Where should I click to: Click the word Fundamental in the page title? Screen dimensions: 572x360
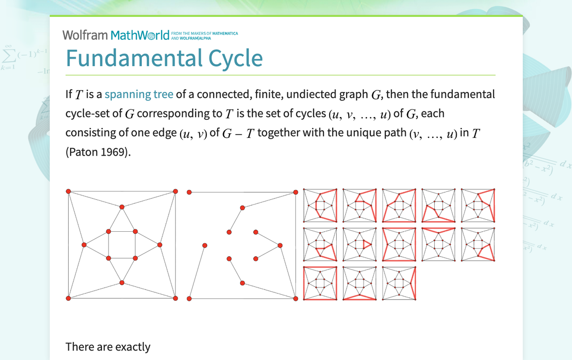tap(134, 58)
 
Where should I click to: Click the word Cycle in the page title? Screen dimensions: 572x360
tap(235, 58)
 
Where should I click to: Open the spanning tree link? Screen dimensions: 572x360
tap(139, 94)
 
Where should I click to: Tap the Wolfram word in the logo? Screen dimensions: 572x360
tap(85, 35)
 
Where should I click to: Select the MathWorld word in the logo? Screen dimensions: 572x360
tap(140, 35)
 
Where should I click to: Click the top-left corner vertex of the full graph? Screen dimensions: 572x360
tap(68, 191)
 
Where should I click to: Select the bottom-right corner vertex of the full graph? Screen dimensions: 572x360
tap(176, 298)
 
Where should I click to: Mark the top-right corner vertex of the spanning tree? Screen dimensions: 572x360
tap(295, 192)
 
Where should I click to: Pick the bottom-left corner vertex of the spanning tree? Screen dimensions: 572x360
tap(189, 299)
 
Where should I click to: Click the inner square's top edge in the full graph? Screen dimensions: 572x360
tap(122, 232)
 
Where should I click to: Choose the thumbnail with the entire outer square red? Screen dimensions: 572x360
tap(320, 283)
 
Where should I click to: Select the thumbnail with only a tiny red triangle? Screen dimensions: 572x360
tap(359, 244)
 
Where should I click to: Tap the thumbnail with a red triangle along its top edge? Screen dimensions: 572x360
tap(438, 244)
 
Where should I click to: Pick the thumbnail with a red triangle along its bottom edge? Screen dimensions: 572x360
tap(359, 283)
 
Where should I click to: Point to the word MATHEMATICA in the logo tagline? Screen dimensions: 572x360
tap(225, 33)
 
